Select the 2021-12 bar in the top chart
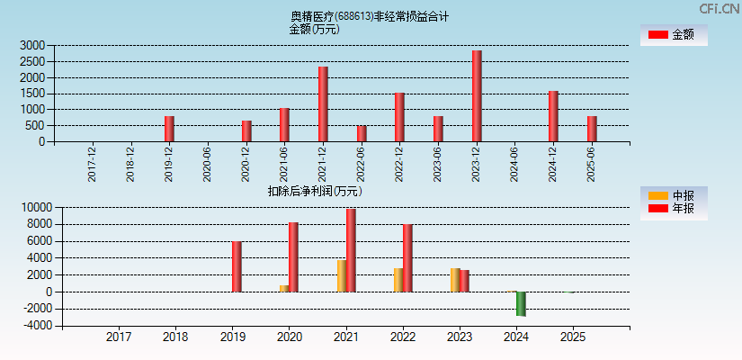pos(323,104)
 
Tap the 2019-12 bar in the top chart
pos(169,129)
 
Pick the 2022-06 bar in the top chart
pos(362,133)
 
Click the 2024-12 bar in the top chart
pos(553,116)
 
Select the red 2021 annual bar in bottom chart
pos(351,250)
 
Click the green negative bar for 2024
pos(521,303)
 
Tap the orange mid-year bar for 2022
pos(398,280)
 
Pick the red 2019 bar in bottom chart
pos(237,266)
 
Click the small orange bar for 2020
pos(284,288)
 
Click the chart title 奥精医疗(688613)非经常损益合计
pos(370,16)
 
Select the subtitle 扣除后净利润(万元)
pos(315,191)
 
